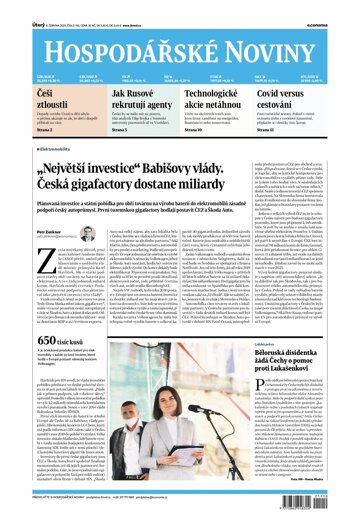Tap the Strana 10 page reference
[196, 129]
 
